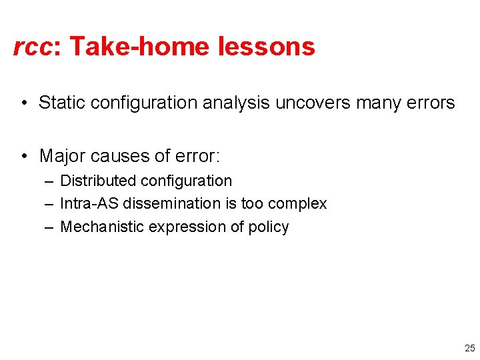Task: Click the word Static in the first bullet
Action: tap(62, 103)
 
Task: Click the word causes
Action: tap(123, 156)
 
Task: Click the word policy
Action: tap(269, 227)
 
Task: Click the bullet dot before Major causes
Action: tap(23, 157)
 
